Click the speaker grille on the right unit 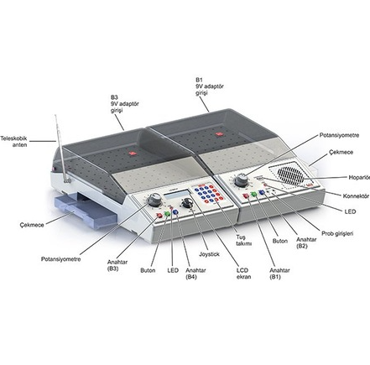click(290, 175)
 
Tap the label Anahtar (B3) click(118, 266)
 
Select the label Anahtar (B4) click(191, 272)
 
